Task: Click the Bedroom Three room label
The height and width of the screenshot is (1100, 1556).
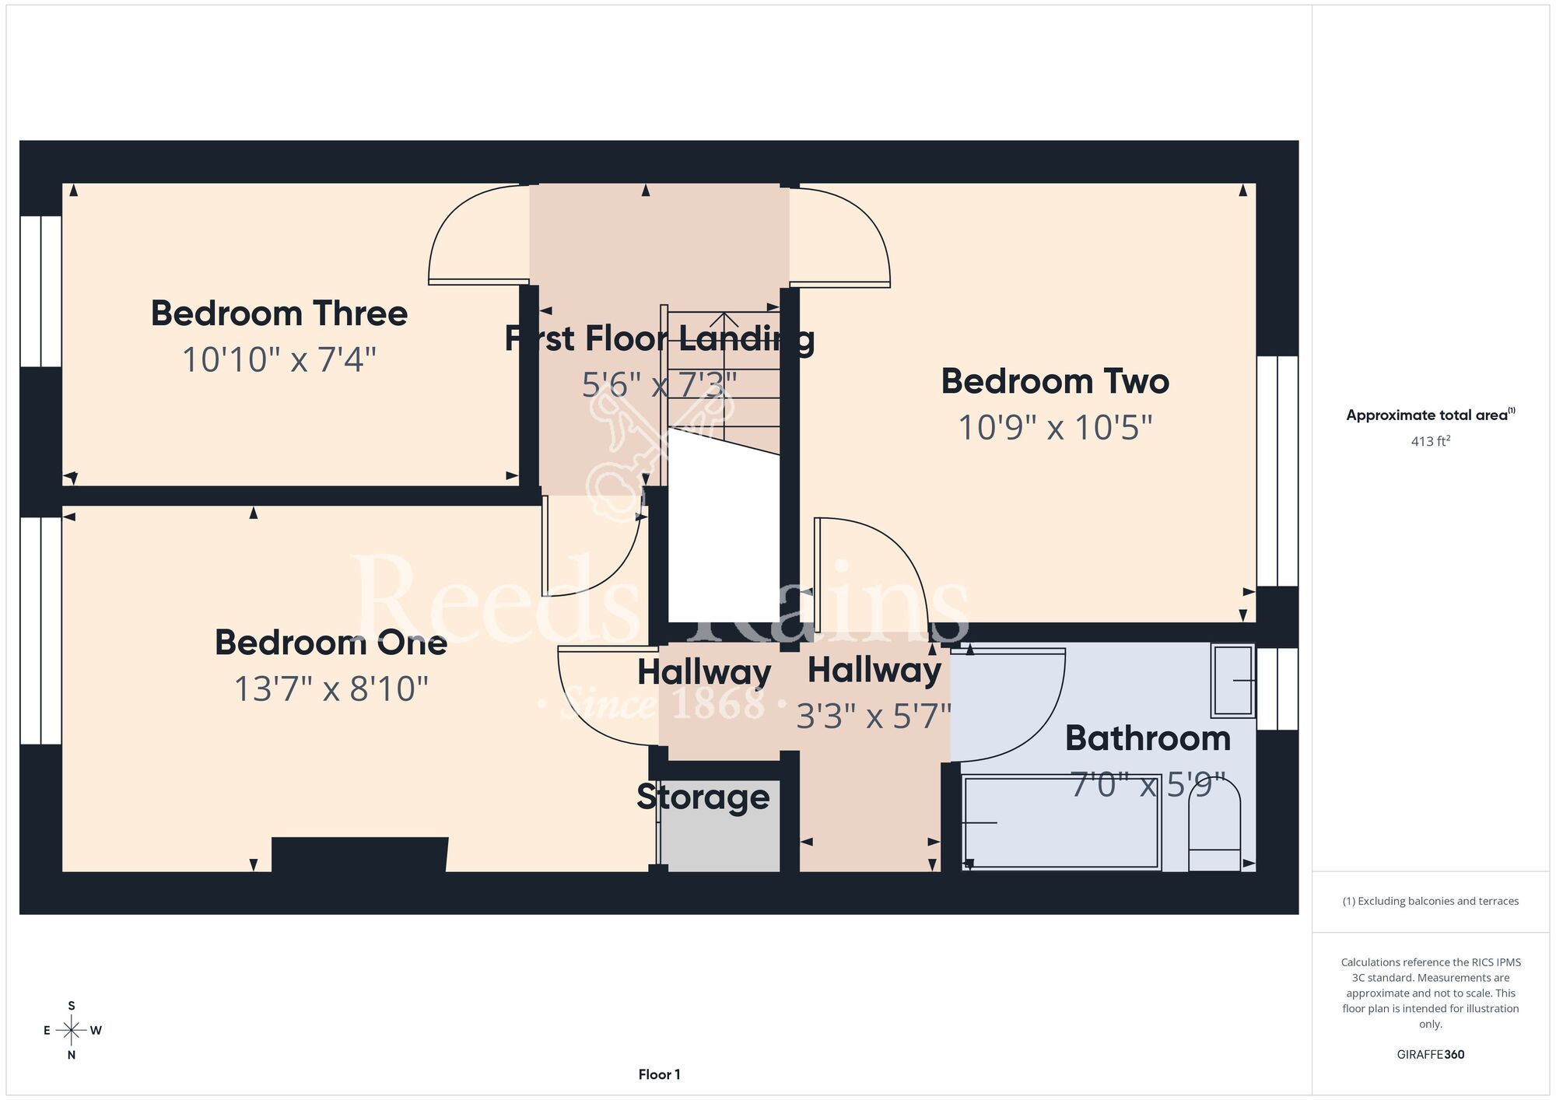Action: pyautogui.click(x=279, y=314)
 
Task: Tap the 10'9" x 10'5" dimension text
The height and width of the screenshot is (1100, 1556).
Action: pyautogui.click(x=1055, y=428)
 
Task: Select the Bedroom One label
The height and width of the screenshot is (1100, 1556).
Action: pyautogui.click(x=331, y=643)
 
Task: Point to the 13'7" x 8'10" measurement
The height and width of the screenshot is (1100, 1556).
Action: pyautogui.click(x=331, y=689)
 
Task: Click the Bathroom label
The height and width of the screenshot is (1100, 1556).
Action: pyautogui.click(x=1148, y=738)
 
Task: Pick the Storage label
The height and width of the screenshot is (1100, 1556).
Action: pyautogui.click(x=703, y=797)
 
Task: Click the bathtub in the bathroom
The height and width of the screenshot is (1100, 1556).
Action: pyautogui.click(x=1062, y=822)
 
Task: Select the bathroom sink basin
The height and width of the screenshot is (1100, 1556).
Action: pyautogui.click(x=1233, y=681)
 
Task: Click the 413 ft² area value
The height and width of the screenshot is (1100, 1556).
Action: pyautogui.click(x=1431, y=441)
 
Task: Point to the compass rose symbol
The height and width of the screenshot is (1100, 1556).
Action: pyautogui.click(x=72, y=1031)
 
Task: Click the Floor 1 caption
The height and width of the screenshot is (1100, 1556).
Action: pyautogui.click(x=659, y=1074)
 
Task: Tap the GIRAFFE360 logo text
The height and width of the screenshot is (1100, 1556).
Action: pyautogui.click(x=1431, y=1055)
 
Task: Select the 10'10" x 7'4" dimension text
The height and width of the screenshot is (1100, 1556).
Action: pyautogui.click(x=279, y=360)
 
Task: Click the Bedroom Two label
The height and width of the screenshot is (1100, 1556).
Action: pyautogui.click(x=1055, y=381)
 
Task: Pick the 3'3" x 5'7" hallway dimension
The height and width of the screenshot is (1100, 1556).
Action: pyautogui.click(x=874, y=716)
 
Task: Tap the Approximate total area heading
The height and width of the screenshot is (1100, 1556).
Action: pyautogui.click(x=1431, y=415)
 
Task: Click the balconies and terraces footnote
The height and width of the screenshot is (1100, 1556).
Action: pyautogui.click(x=1431, y=901)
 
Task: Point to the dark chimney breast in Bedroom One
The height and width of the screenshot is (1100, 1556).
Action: pyautogui.click(x=359, y=854)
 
